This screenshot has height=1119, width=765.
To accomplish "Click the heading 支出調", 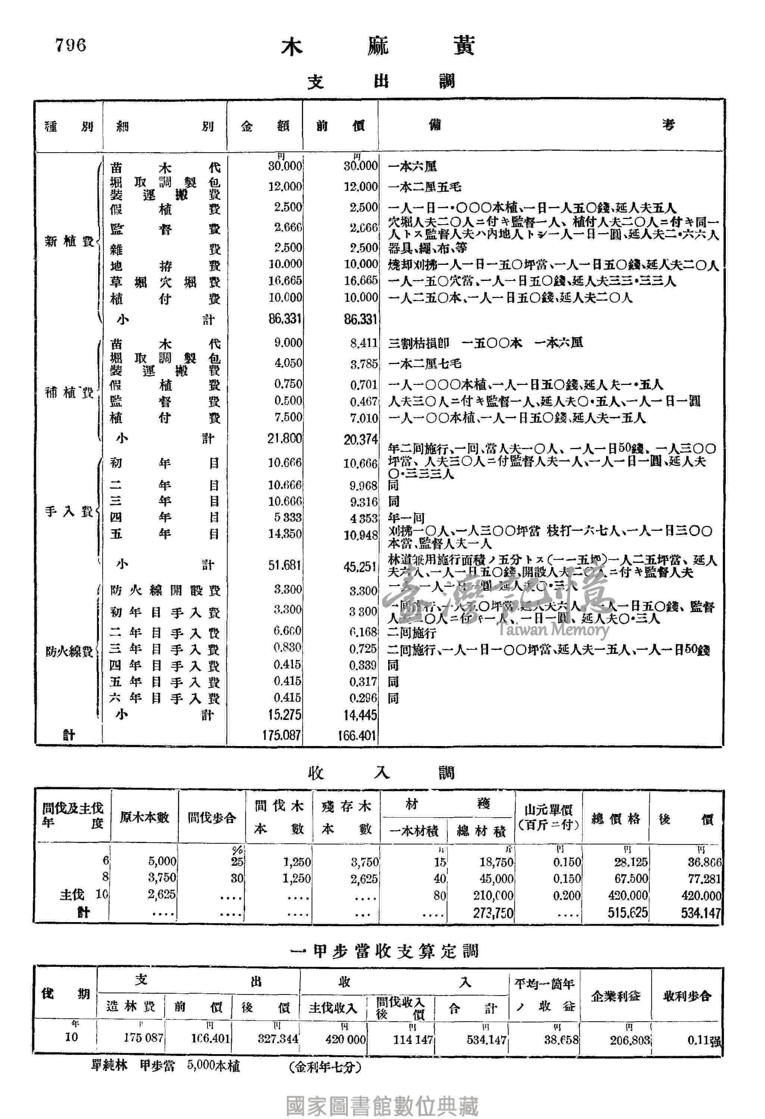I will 381,81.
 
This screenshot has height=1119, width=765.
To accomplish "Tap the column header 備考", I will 551,126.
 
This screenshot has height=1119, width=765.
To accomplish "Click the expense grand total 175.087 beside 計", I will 281,735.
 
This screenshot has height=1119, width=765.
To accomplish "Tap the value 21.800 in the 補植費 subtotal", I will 285,438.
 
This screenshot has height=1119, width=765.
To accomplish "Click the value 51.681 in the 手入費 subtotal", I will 285,565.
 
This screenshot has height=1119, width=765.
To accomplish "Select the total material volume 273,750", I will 493,912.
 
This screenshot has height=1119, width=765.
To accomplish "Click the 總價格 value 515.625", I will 627,912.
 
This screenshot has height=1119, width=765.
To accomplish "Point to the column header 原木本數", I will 144,818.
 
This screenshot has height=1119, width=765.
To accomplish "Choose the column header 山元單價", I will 548,817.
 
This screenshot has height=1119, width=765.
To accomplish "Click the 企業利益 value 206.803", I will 630,1040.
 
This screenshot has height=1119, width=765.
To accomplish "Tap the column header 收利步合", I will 687,996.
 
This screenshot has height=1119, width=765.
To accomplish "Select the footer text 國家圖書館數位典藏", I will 382,1106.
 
